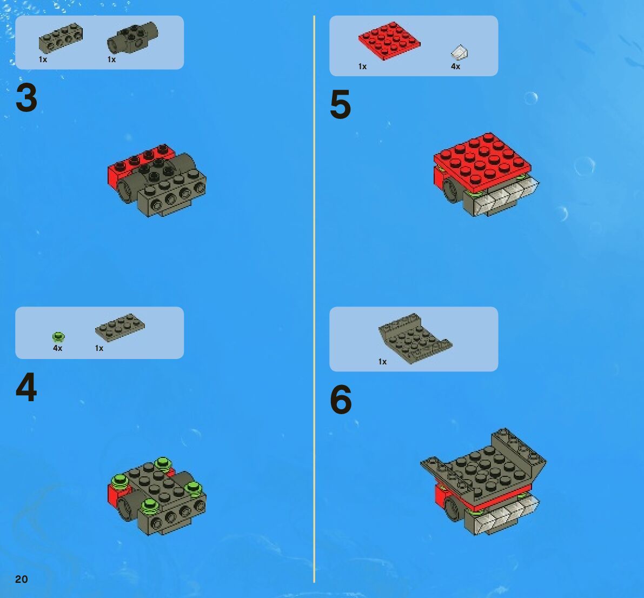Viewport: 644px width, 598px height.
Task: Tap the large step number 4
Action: coord(26,387)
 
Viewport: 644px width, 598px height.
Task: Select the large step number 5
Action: coord(341,104)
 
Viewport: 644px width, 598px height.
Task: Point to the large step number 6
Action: coord(341,399)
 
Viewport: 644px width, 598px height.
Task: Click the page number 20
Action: coord(21,579)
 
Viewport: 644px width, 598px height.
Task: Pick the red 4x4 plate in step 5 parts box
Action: coord(389,41)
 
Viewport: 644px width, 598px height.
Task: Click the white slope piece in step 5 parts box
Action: coord(459,52)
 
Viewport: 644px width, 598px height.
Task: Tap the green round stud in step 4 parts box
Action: coord(58,337)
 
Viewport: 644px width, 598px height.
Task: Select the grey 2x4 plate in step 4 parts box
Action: coord(120,328)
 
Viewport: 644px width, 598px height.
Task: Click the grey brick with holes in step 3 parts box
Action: coord(61,38)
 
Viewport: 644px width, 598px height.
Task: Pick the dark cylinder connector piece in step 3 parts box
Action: coord(132,38)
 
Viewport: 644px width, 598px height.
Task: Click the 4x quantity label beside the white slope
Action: coord(455,66)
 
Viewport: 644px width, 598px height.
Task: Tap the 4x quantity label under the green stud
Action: coord(57,348)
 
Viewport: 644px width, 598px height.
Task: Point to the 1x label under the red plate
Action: coord(362,67)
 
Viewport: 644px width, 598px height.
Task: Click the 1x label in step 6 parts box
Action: coord(382,362)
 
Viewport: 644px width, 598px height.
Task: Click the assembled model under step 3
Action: coord(157,181)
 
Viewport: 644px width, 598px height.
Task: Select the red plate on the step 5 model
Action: coord(482,163)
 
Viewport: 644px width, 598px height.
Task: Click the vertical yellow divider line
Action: coord(314,299)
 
